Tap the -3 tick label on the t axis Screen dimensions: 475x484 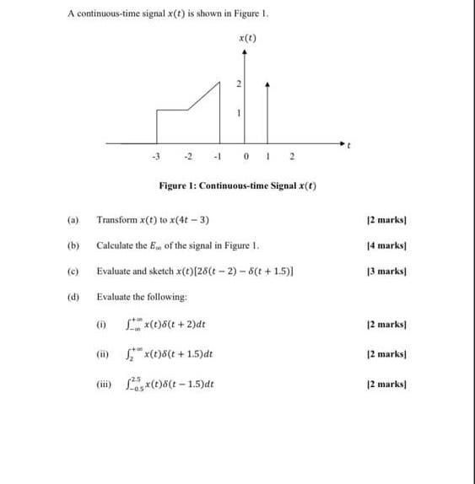pyautogui.click(x=154, y=154)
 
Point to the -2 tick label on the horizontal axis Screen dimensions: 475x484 pyautogui.click(x=189, y=154)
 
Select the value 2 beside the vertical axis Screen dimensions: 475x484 pyautogui.click(x=239, y=83)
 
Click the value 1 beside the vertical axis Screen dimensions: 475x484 pyautogui.click(x=239, y=114)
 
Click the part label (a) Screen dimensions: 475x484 pyautogui.click(x=73, y=221)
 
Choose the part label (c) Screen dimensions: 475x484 pyautogui.click(x=73, y=272)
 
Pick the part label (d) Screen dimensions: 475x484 pyautogui.click(x=73, y=297)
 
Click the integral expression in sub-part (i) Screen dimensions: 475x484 pyautogui.click(x=165, y=324)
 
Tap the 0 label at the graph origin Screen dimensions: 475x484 pyautogui.click(x=244, y=154)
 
